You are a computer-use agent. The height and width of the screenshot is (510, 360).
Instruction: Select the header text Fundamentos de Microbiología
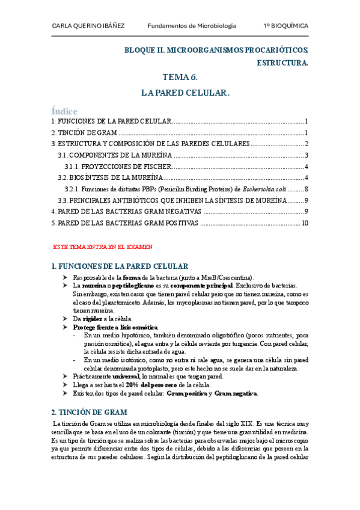192,26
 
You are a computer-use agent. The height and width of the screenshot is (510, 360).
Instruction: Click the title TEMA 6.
180,78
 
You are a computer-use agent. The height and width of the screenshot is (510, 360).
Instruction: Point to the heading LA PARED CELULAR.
186,93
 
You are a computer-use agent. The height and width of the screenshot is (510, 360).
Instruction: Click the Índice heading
65,111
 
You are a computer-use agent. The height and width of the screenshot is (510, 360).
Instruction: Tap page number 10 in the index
305,223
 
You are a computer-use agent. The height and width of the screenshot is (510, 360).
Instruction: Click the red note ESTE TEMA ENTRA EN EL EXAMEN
103,247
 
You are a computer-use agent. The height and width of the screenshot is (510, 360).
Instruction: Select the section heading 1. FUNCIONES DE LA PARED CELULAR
121,266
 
